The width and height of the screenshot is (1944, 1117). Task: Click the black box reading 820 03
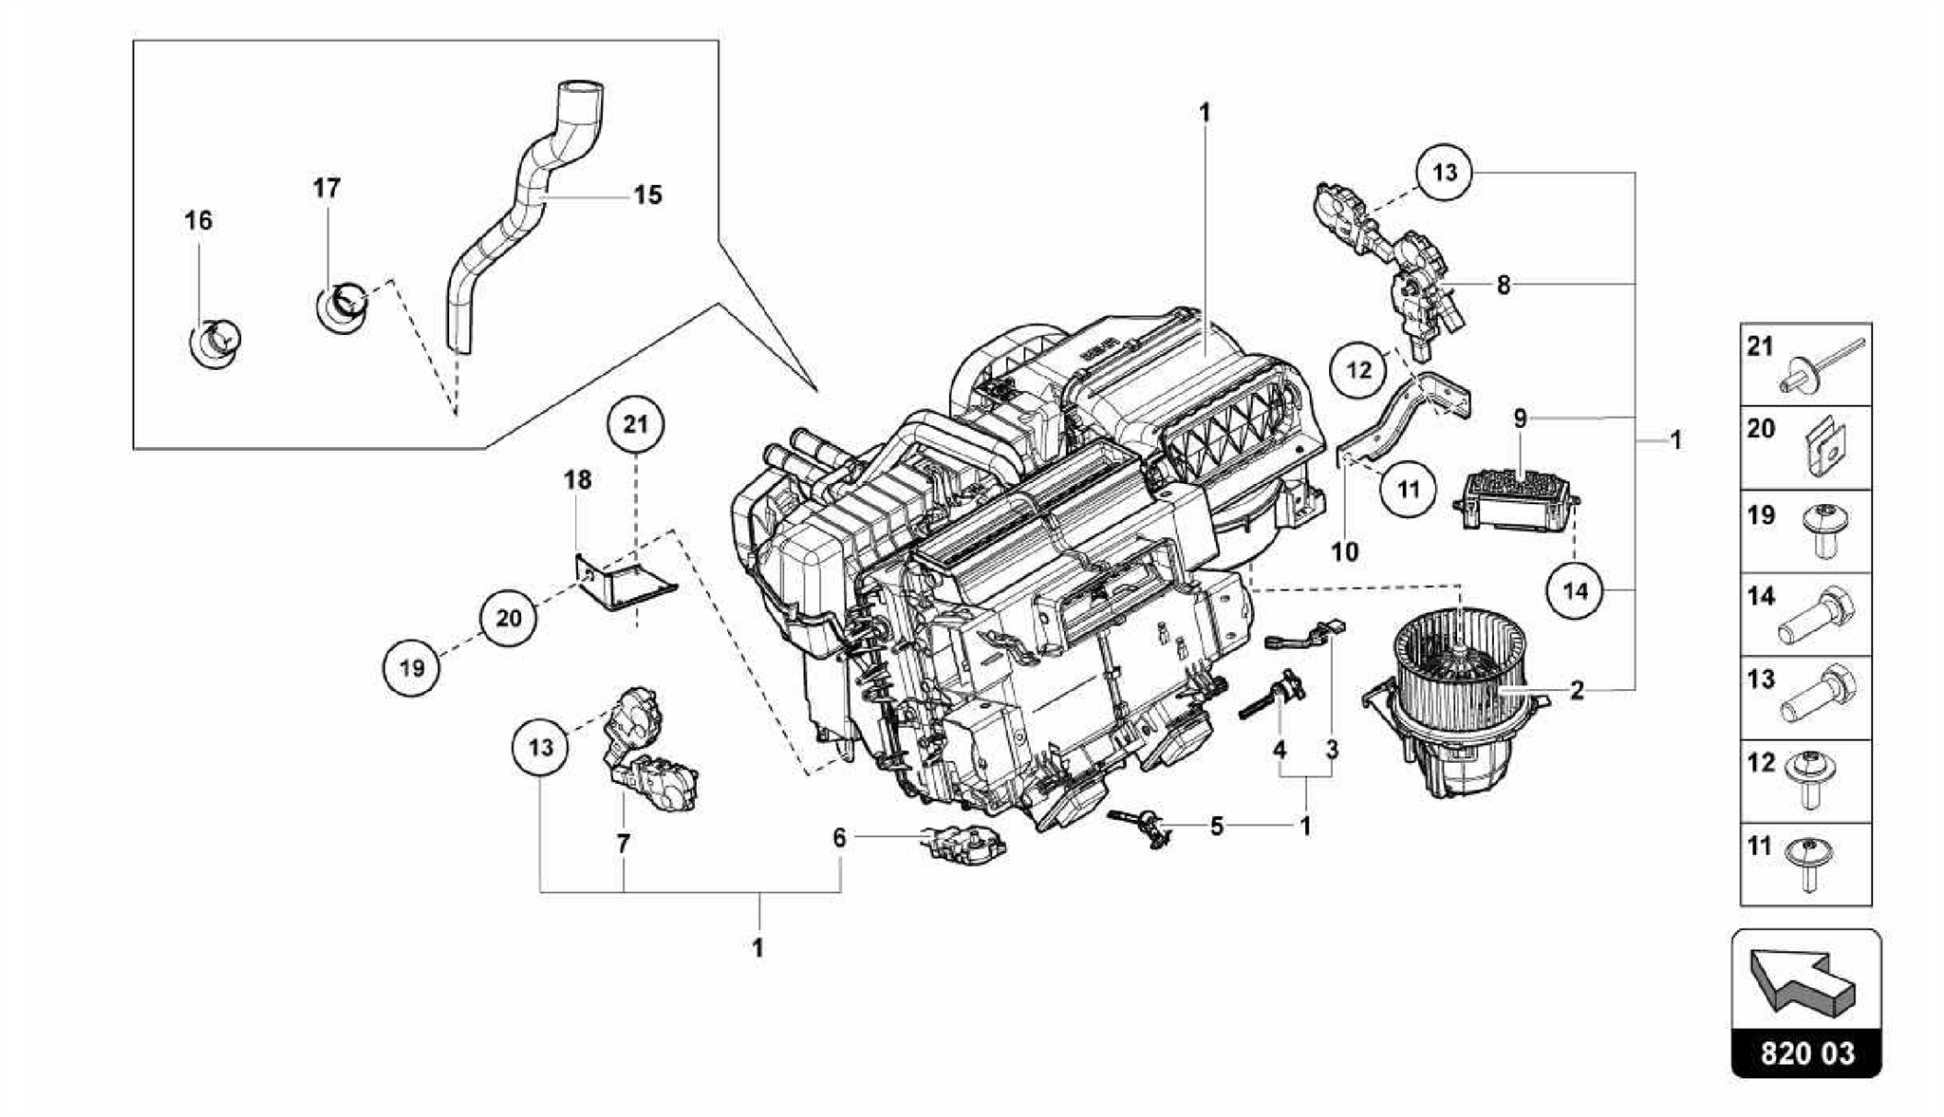click(1806, 1054)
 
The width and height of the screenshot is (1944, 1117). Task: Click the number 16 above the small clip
click(197, 221)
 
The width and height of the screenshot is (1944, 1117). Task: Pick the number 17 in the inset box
click(327, 189)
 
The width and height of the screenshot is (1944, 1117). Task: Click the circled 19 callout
click(412, 668)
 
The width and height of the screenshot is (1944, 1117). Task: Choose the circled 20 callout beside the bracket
click(509, 618)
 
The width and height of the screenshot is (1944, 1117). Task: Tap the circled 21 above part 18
click(635, 424)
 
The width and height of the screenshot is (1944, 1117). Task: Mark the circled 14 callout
click(1575, 591)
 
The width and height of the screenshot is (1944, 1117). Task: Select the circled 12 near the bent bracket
click(1359, 369)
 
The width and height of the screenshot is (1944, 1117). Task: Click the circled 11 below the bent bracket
click(1409, 490)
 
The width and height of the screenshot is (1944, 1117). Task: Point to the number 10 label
click(1345, 551)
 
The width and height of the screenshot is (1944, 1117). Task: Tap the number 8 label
click(1503, 285)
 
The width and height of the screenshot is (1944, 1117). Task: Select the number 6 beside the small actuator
click(839, 838)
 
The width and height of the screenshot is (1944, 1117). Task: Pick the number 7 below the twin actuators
click(623, 844)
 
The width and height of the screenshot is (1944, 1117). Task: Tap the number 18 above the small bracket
click(577, 480)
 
